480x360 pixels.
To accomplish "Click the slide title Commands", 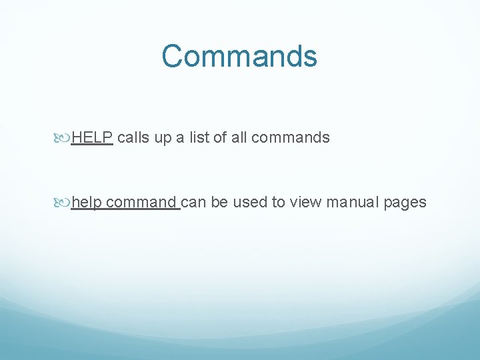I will click(x=239, y=56).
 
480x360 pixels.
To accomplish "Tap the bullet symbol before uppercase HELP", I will click(x=64, y=138).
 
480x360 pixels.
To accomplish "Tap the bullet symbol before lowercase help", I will click(x=64, y=202).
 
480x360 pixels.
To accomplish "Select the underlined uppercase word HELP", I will click(x=92, y=138).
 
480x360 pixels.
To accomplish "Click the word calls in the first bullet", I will click(x=133, y=138).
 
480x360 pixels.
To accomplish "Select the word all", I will click(x=240, y=138).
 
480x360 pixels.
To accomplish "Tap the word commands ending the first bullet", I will click(x=291, y=138).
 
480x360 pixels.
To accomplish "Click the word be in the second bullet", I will click(x=219, y=202).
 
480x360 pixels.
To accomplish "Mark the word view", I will click(x=306, y=202).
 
